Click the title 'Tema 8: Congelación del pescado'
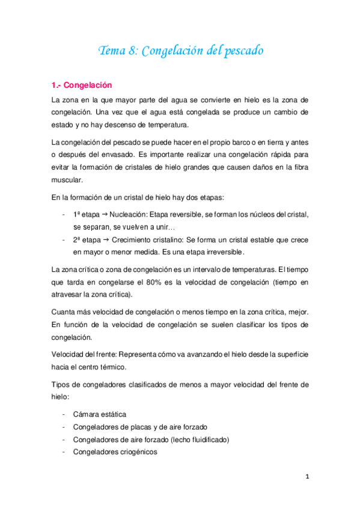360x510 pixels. (x=181, y=51)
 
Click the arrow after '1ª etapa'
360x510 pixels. (x=103, y=215)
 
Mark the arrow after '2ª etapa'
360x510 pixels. (x=103, y=239)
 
